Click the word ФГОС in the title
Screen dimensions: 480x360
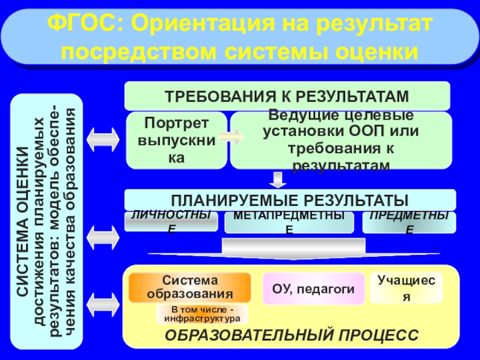coord(85,25)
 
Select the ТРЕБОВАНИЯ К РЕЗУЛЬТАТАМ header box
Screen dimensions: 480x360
coord(287,96)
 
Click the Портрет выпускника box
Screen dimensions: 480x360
coord(176,140)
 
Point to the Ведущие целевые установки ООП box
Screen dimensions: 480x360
coord(341,140)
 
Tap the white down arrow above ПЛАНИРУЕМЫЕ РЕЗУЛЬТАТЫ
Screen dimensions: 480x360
coord(277,179)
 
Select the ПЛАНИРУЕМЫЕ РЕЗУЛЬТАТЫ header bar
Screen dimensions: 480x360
coord(290,199)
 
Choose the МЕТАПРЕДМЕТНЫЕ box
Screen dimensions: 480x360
coord(289,222)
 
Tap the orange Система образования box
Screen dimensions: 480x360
coord(190,287)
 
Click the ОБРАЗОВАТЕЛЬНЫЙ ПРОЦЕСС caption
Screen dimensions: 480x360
coord(290,334)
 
